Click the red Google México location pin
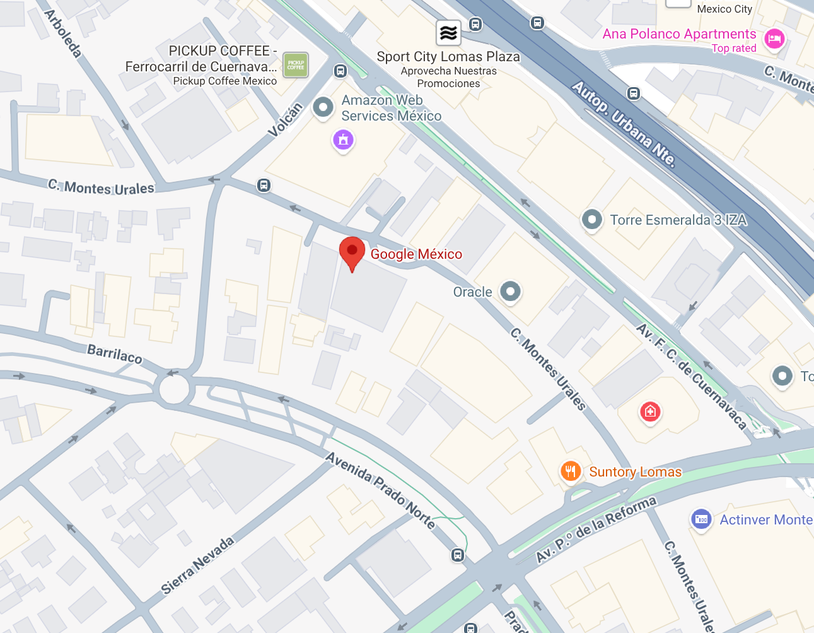tap(352, 252)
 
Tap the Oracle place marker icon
tap(510, 292)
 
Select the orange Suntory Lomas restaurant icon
tap(571, 471)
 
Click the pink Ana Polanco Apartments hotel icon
tap(774, 38)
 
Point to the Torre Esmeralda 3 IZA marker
tap(591, 220)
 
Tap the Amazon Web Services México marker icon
tap(323, 107)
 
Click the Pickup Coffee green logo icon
tap(295, 64)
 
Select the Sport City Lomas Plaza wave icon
tap(448, 32)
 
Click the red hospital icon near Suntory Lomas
tap(650, 412)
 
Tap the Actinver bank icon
tap(701, 519)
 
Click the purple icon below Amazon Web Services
tap(343, 139)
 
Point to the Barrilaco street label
tap(115, 353)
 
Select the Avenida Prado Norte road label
tap(380, 490)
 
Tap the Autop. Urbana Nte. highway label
tap(624, 124)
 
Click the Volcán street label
tap(286, 119)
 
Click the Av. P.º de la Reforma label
tap(596, 529)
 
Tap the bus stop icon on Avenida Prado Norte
tap(458, 555)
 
